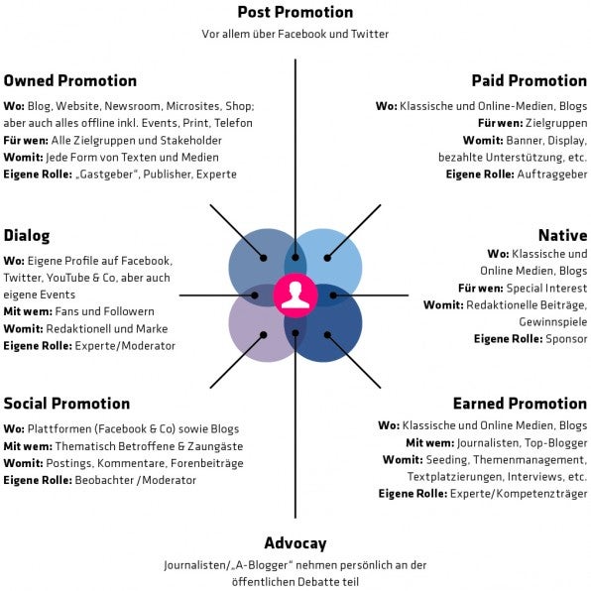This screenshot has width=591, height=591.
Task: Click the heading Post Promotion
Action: tap(295, 13)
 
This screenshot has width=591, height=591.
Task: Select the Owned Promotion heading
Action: tap(70, 80)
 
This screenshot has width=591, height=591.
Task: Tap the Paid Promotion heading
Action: tap(529, 80)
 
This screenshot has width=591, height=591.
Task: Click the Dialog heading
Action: tap(27, 236)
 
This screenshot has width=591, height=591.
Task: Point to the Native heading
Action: tap(562, 236)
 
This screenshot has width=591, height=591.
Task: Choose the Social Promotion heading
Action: tap(66, 404)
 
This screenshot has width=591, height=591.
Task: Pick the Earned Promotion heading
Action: tap(520, 404)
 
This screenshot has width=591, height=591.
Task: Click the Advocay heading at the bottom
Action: tap(295, 543)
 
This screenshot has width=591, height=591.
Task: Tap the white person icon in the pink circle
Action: tap(295, 295)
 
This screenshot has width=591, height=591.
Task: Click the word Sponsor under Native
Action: tap(566, 339)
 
